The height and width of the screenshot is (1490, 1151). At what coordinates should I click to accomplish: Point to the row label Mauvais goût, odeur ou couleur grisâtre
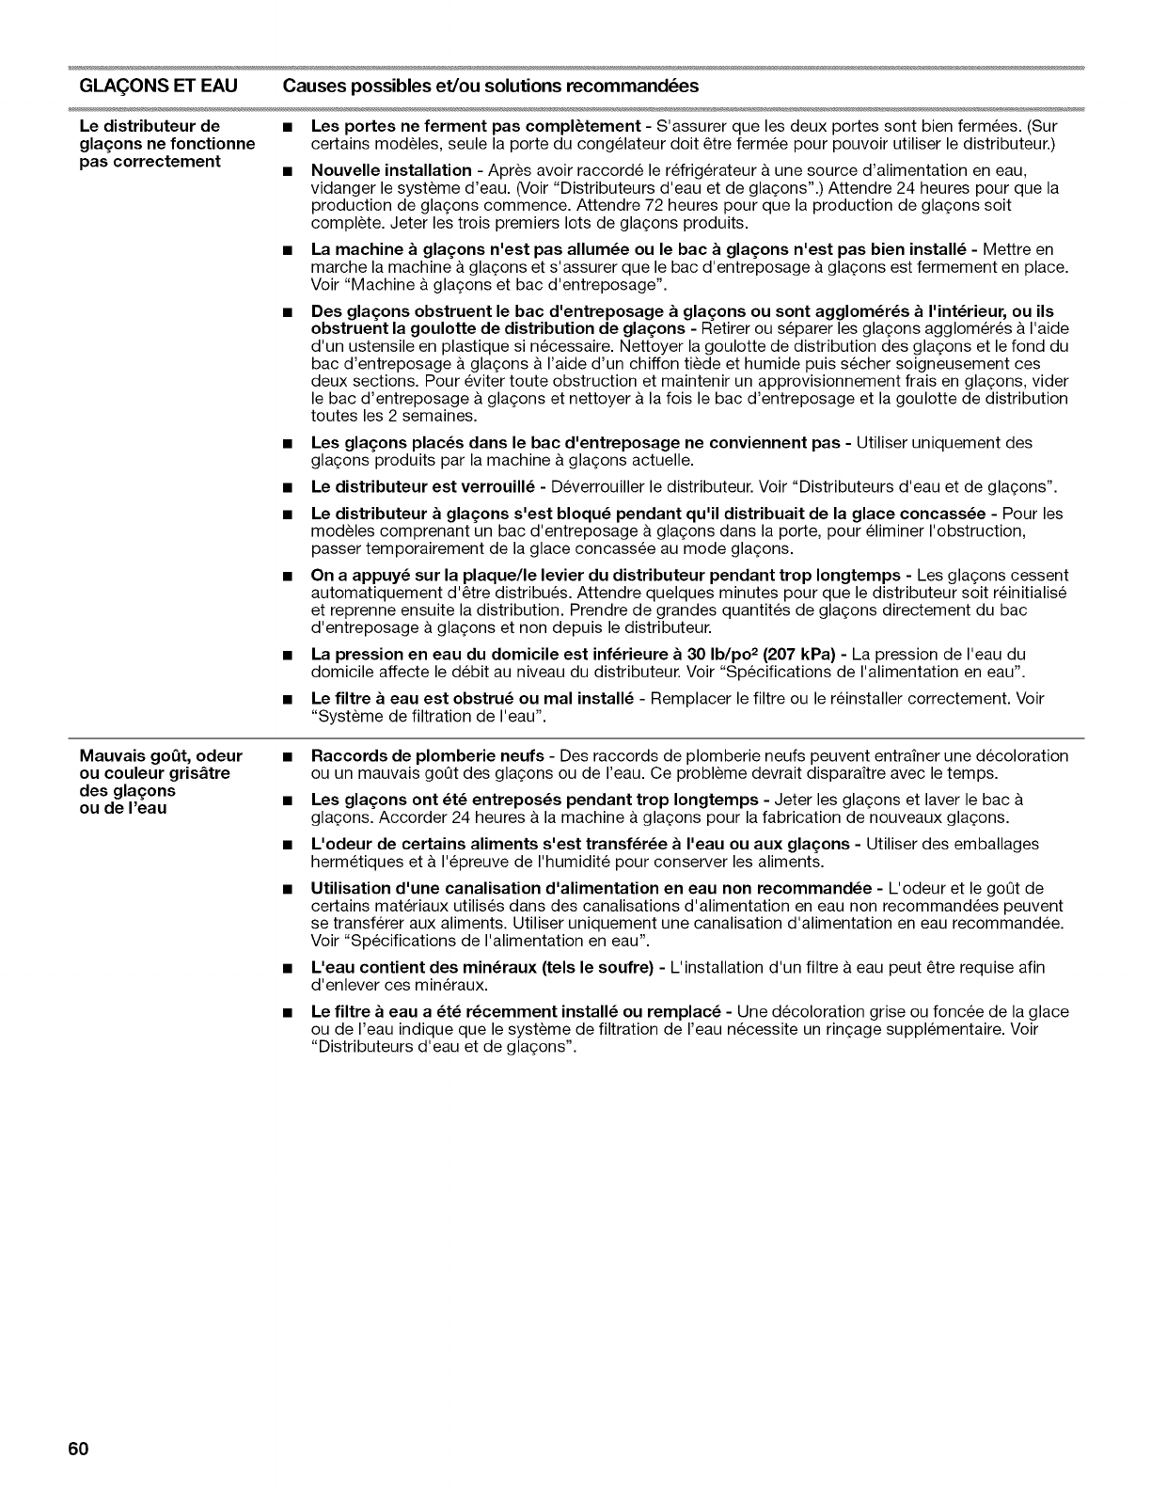pos(160,764)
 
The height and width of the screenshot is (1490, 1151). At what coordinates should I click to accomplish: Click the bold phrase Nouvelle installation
pos(390,170)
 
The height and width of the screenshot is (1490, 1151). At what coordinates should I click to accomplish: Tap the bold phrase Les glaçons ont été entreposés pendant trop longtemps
pos(534,800)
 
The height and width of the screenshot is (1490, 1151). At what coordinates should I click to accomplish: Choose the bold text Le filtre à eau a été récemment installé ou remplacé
pos(515,1011)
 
